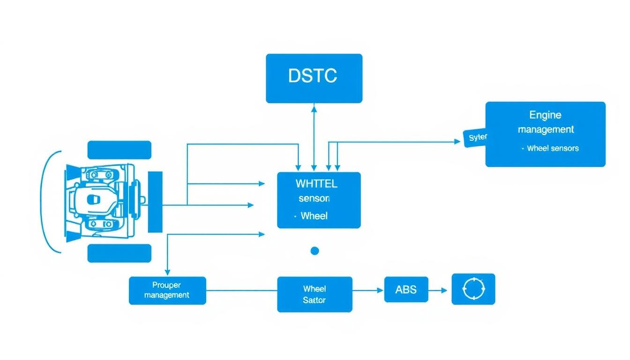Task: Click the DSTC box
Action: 314,78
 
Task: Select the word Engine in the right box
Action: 545,115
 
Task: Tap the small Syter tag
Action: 476,137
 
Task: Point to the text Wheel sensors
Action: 553,148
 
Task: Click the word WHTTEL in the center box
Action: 316,183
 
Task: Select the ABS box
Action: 406,289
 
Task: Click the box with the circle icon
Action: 473,289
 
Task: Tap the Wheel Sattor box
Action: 315,294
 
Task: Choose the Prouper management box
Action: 167,290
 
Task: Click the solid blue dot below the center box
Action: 315,251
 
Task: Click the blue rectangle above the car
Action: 120,150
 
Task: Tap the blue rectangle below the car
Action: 120,253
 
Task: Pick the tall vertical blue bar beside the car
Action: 155,202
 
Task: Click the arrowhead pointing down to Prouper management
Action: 167,272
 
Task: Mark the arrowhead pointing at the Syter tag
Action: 457,141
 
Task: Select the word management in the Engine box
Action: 546,129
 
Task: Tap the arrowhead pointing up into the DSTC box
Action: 314,108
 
